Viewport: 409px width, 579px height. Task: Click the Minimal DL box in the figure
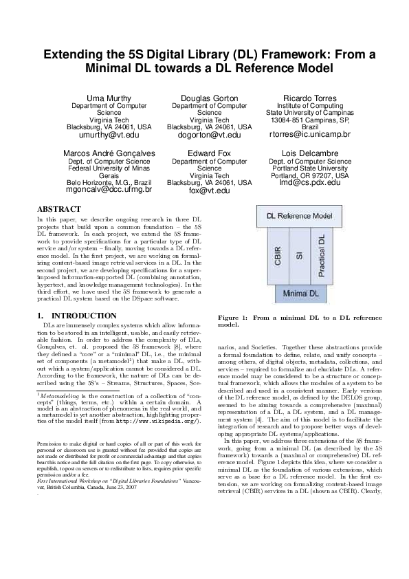point(300,294)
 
